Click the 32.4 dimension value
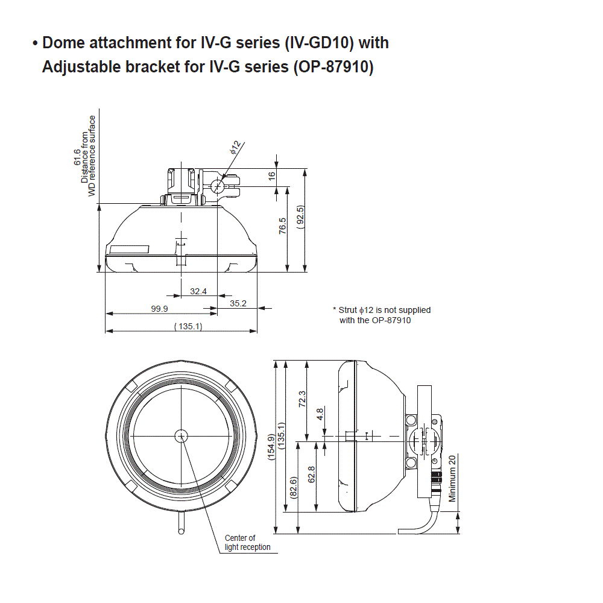(198, 291)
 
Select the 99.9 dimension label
(159, 309)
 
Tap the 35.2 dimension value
(238, 303)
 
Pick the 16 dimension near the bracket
(272, 175)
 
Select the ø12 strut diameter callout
(235, 147)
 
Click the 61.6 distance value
(77, 158)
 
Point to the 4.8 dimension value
(320, 414)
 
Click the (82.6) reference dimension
(293, 487)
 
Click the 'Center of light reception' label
(240, 543)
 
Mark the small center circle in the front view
(181, 435)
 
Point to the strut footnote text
(382, 315)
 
